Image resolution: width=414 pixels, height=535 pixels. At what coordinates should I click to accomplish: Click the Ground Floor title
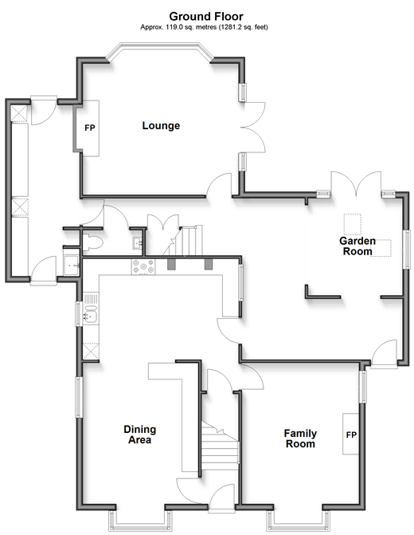(206, 17)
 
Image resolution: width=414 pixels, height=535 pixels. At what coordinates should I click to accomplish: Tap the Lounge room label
(161, 125)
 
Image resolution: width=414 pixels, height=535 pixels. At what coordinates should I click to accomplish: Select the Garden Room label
(357, 246)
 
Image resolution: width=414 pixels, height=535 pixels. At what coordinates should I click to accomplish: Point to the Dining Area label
(139, 435)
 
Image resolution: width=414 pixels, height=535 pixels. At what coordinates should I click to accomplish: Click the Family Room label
(300, 439)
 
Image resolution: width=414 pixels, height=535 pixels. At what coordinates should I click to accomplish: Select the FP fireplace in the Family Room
(350, 434)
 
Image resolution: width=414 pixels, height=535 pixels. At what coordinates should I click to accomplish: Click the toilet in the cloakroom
(92, 242)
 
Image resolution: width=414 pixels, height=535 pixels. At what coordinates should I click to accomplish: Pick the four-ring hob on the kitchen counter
(143, 267)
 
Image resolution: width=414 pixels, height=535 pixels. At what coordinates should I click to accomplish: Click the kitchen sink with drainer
(91, 308)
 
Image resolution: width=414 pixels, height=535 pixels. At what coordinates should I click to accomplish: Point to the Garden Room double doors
(356, 183)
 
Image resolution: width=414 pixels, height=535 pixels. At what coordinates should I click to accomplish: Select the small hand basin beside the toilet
(138, 242)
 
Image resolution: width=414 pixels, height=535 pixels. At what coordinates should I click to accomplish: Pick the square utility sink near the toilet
(72, 266)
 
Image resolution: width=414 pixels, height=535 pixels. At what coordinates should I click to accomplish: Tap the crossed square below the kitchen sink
(91, 351)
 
